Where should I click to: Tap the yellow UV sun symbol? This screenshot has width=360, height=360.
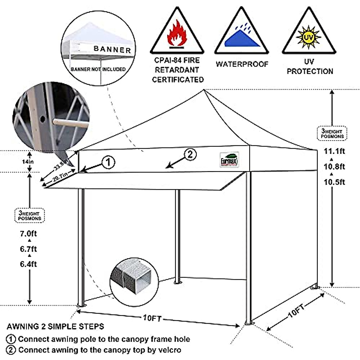308,37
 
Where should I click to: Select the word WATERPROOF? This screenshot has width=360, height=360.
242,64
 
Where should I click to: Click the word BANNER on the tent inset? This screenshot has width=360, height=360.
112,49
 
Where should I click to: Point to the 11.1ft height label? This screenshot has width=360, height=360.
334,151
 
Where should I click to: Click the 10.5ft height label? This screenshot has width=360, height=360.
334,182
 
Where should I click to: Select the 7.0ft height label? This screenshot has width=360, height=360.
28,233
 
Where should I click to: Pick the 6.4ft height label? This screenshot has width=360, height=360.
28,264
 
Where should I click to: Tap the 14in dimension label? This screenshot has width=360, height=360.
29,162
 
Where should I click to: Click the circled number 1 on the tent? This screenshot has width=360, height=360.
108,163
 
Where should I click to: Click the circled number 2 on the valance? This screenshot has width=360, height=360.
190,154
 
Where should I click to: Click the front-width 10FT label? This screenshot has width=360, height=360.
152,318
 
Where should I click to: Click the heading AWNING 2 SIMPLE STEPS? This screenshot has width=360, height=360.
55,326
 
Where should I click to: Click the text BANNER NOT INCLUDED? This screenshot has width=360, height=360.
98,69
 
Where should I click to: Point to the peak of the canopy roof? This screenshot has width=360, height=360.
204,90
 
